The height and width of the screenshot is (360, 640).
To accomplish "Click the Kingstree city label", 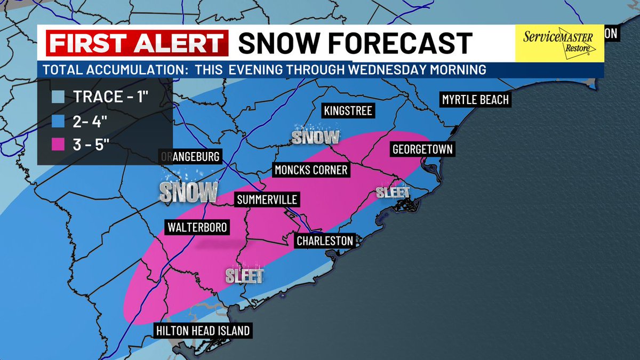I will [348, 111].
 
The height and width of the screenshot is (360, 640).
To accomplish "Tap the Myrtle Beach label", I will [475, 100].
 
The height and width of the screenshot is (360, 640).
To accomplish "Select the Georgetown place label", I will [422, 149].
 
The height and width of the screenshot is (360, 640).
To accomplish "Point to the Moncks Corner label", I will [311, 170].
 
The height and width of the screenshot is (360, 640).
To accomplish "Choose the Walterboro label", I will [197, 227].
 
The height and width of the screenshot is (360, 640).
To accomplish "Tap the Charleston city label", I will [325, 241].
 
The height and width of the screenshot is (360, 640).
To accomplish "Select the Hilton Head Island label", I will [203, 331].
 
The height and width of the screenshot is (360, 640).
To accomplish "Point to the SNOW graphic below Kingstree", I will [315, 137].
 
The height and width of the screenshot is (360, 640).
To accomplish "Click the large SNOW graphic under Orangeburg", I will [188, 191].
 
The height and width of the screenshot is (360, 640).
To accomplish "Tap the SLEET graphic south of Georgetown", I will [393, 192].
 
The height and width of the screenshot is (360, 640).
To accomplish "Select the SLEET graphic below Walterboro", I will [244, 276].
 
